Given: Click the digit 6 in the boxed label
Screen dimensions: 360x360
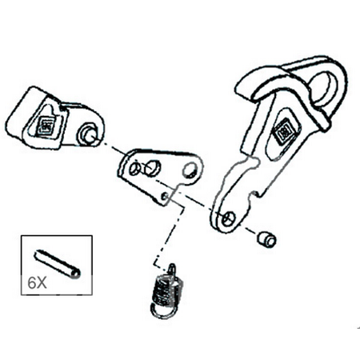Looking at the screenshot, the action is (x=32, y=283).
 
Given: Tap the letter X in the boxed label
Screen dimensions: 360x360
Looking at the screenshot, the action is (x=42, y=283).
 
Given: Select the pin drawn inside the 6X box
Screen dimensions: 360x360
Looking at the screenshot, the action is (x=57, y=263).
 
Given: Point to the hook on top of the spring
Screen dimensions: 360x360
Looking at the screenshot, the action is (x=172, y=269).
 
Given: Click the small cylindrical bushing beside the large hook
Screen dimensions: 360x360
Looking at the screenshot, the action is (x=266, y=239).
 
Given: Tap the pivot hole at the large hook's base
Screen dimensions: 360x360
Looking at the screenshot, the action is (x=229, y=218).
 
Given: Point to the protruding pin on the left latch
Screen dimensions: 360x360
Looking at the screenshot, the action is (x=88, y=135).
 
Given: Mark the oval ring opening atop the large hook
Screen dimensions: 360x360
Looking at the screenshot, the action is (x=325, y=86).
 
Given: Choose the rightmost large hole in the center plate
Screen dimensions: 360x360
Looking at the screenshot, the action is (x=190, y=170).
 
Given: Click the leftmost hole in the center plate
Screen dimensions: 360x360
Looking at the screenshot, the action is (x=134, y=169).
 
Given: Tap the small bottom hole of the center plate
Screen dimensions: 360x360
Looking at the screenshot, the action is (x=165, y=197).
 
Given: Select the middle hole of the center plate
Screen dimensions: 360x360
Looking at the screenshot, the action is (x=152, y=167).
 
